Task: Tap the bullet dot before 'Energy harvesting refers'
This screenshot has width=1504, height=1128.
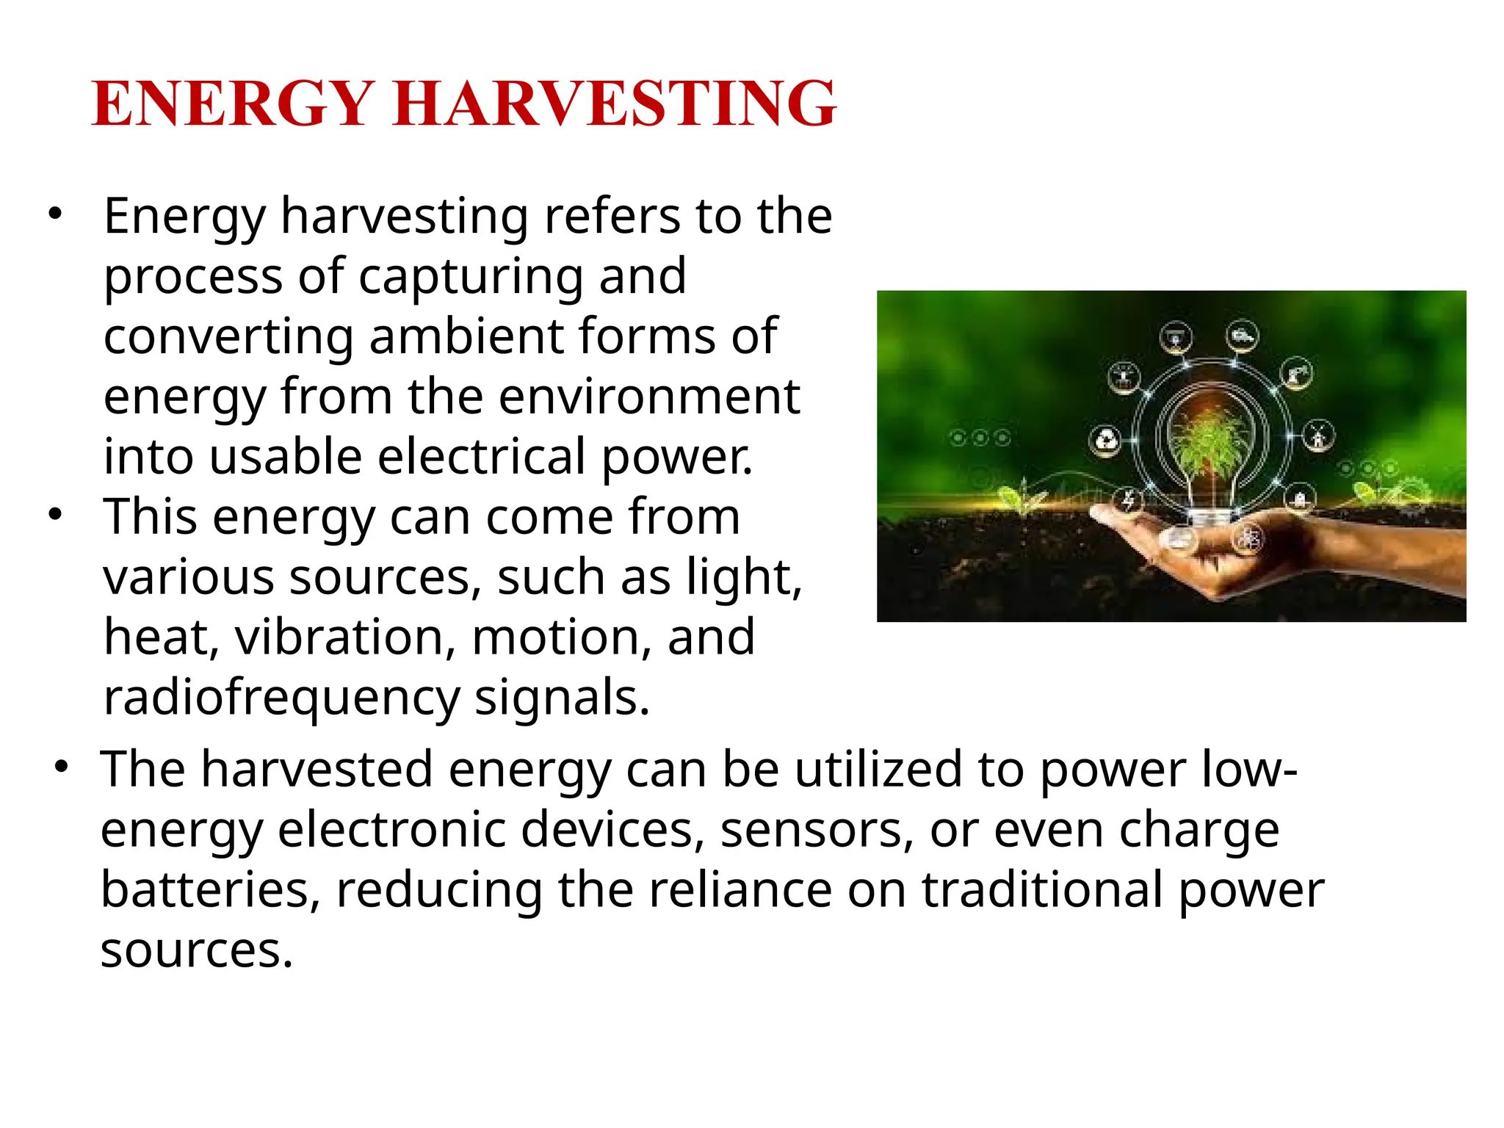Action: click(x=55, y=214)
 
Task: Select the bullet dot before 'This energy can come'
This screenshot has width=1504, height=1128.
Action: click(x=55, y=513)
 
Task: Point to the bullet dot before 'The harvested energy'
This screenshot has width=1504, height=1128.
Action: click(x=62, y=767)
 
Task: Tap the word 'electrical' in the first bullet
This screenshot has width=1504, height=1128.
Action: click(x=482, y=457)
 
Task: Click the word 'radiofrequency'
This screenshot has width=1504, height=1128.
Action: click(x=281, y=697)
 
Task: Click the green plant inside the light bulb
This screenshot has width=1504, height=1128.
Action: click(x=1211, y=438)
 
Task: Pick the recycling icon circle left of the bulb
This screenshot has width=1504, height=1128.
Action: click(x=1105, y=441)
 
